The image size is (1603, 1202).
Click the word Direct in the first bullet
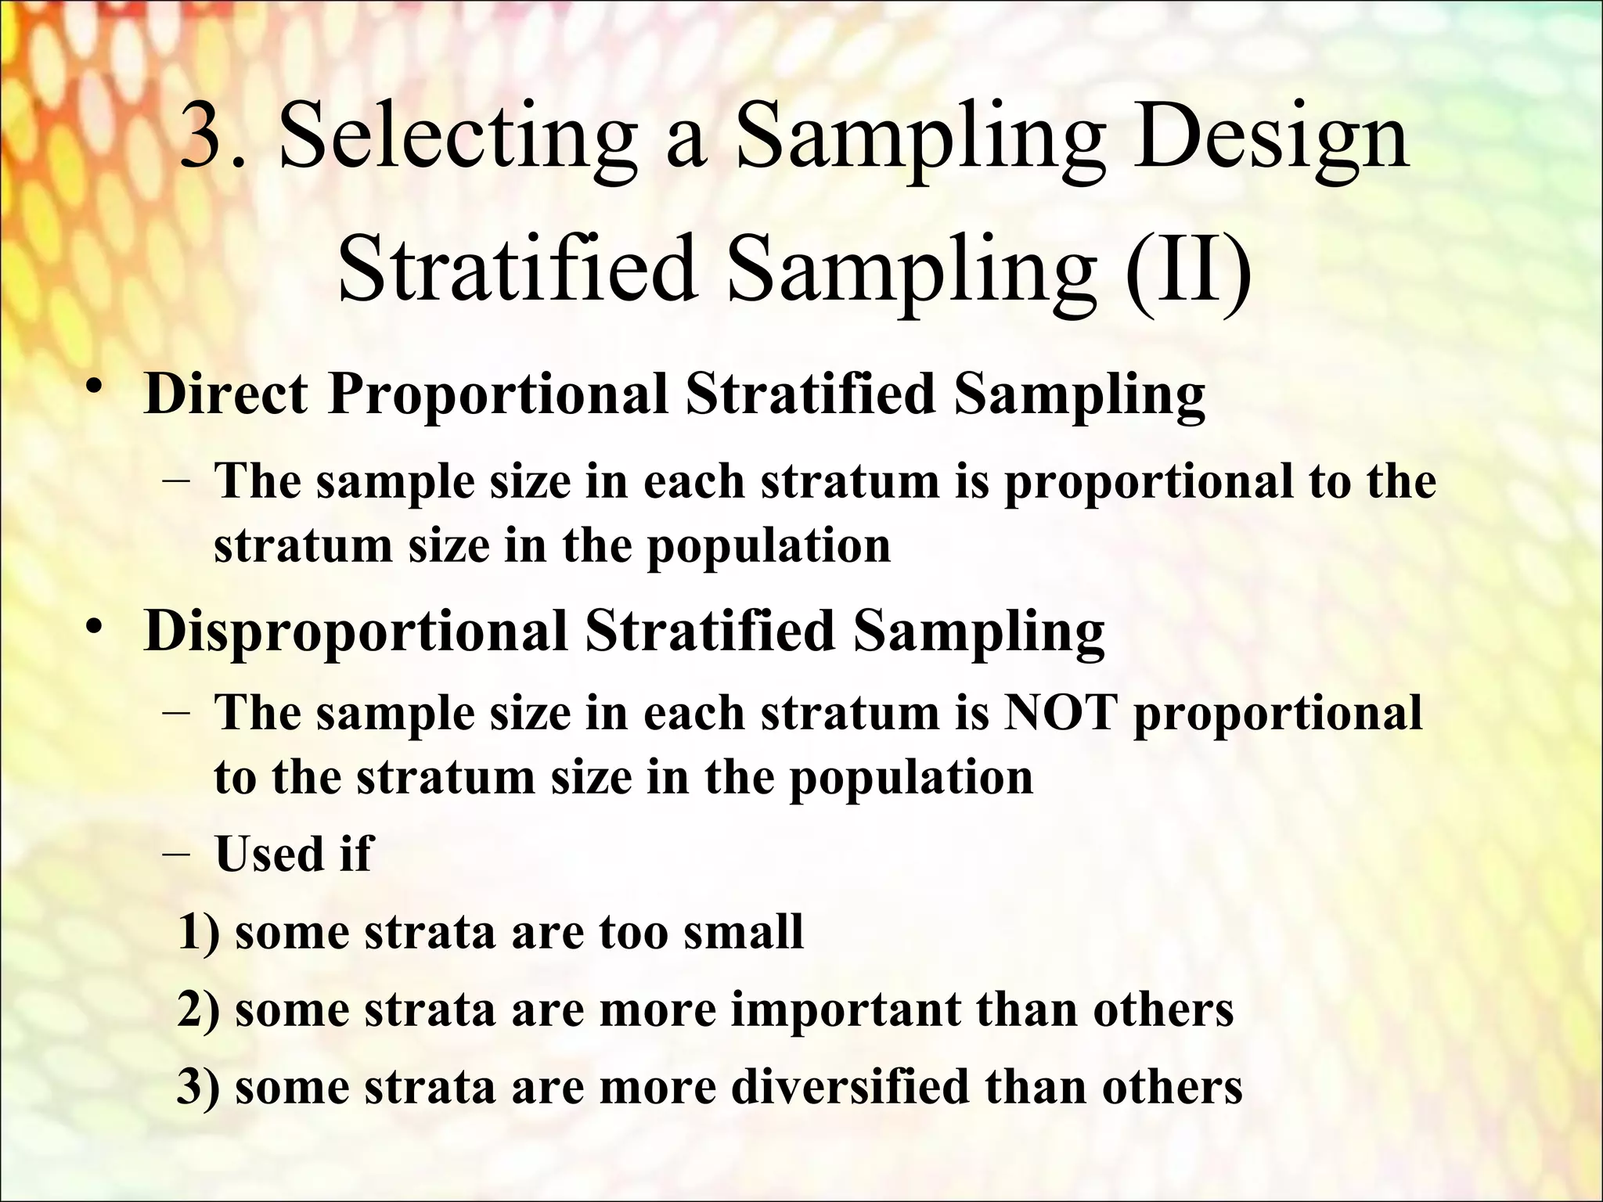click(226, 393)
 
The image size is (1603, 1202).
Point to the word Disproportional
click(356, 631)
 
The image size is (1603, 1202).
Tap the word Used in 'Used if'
click(267, 853)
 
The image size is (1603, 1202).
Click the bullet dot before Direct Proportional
click(95, 388)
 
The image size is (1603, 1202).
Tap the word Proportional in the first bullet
click(498, 393)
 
